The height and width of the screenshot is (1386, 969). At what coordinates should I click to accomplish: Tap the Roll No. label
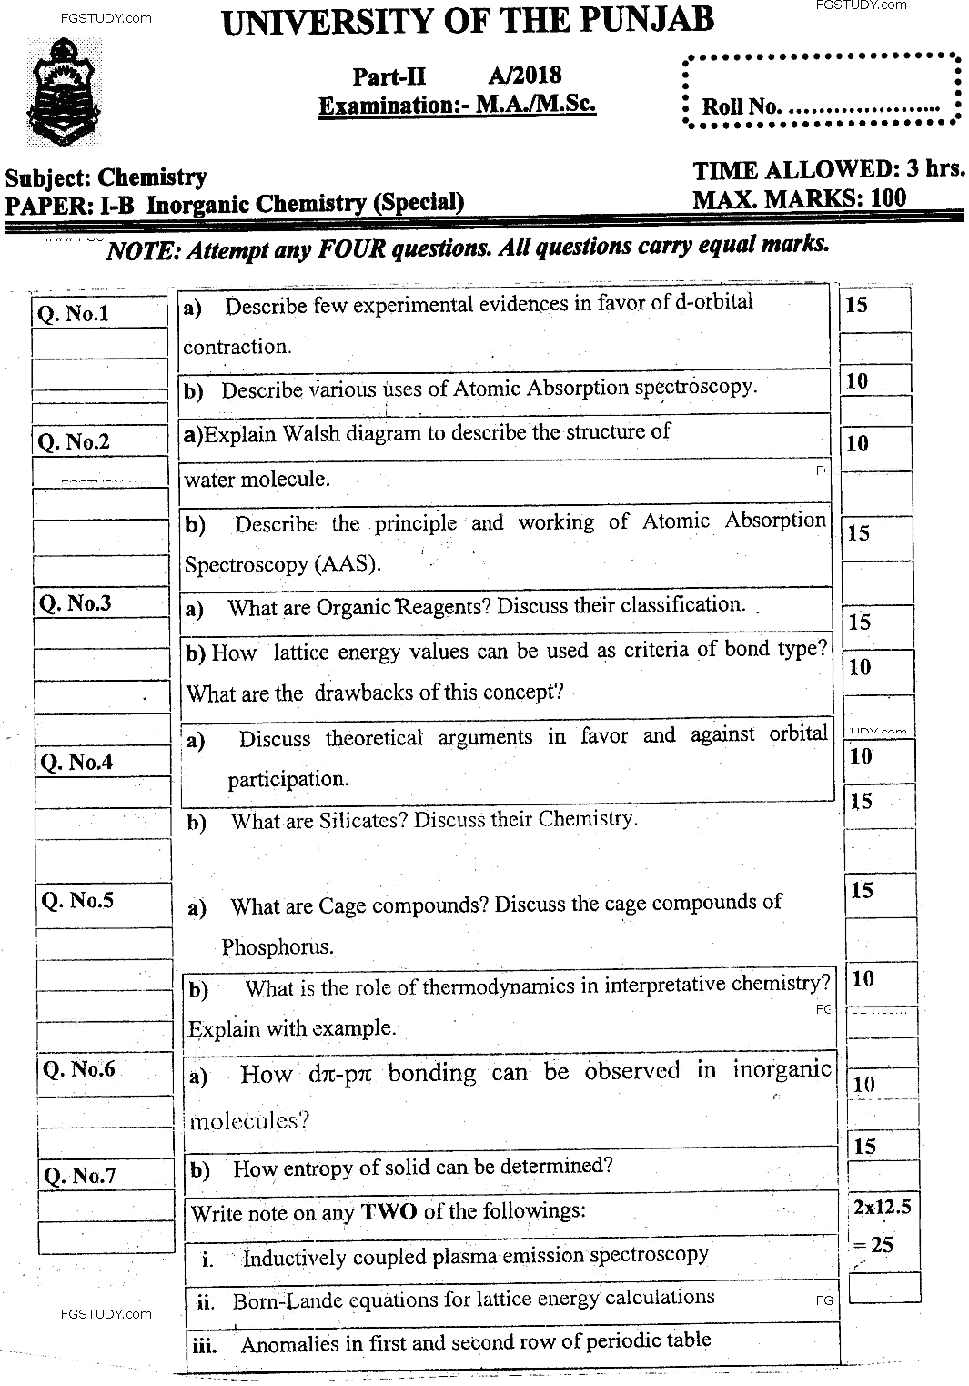point(741,106)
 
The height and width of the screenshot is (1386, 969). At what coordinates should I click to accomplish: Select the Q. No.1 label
point(73,314)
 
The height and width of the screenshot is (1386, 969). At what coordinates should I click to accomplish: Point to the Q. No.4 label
point(76,762)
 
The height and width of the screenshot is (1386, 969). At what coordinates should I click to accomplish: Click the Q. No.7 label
point(80,1175)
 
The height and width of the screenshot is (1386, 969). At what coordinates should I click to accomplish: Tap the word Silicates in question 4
point(363,820)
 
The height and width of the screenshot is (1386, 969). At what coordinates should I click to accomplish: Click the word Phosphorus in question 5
point(278,947)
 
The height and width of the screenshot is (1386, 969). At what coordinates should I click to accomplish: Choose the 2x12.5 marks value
point(881,1208)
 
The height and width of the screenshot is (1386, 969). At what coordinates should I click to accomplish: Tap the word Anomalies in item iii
point(288,1343)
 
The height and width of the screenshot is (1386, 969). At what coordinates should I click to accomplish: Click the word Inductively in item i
point(295,1258)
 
